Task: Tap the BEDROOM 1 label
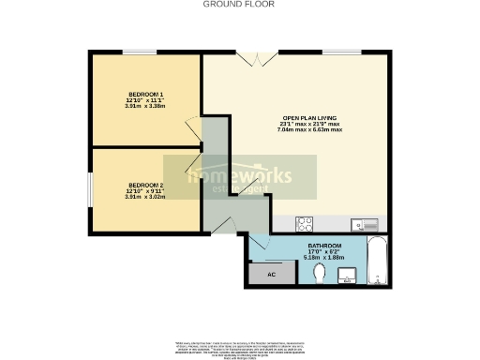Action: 145,94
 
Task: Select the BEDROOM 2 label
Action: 145,185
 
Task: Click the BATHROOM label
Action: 323,244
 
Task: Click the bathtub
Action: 375,262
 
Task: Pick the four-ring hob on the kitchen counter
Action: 305,224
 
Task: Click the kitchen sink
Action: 363,224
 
